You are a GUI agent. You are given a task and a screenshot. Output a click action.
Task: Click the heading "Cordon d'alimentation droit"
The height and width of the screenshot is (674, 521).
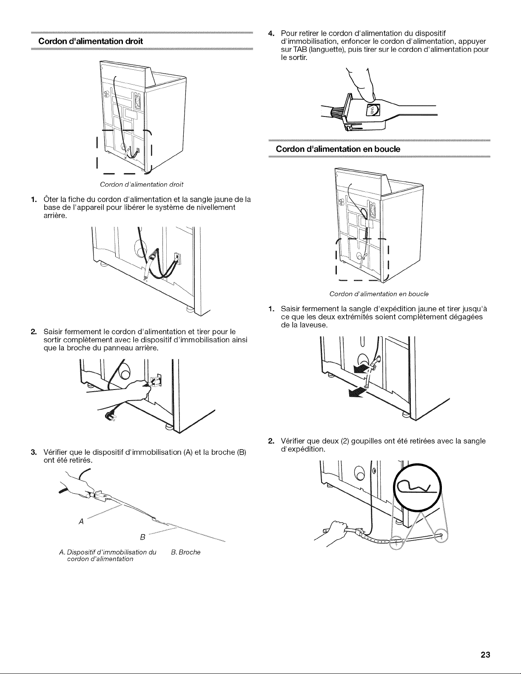91,41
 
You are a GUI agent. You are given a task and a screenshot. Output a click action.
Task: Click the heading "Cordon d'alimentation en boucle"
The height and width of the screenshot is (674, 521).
338,149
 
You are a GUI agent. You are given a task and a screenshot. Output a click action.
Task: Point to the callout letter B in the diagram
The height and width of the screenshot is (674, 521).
143,537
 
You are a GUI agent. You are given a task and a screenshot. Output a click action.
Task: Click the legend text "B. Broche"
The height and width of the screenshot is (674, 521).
185,552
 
